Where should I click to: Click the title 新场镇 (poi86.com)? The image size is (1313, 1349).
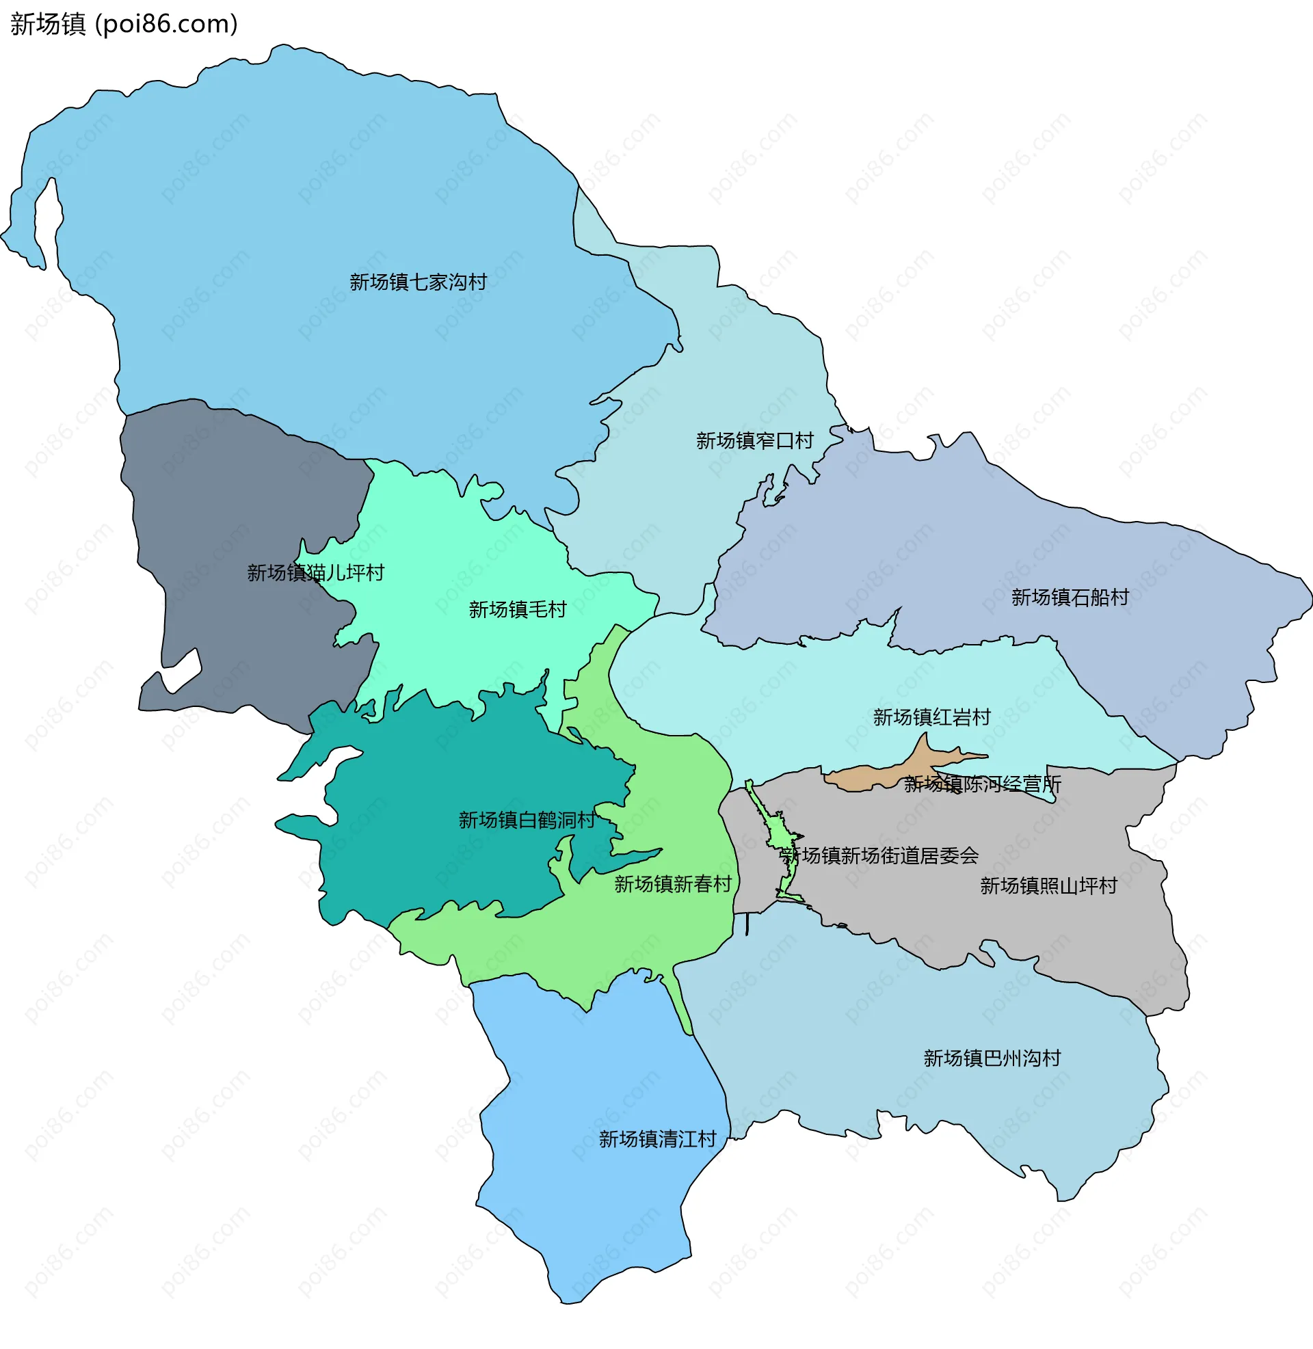[x=124, y=24]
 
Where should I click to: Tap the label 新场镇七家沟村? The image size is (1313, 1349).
[x=418, y=282]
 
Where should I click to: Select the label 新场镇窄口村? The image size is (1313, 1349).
[x=754, y=440]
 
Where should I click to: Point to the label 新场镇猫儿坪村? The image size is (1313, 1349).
[x=315, y=573]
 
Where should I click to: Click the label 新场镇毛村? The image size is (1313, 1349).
[x=517, y=609]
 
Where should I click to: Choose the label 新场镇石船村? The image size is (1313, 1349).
[x=1070, y=598]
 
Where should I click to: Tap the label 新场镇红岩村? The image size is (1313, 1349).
[x=931, y=718]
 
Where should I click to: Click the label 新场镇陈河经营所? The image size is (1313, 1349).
[x=982, y=784]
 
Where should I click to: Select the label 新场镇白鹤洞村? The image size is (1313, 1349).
[x=527, y=820]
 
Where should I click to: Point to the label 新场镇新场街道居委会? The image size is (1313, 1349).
[x=879, y=856]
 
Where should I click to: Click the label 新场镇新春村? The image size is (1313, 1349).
[x=672, y=884]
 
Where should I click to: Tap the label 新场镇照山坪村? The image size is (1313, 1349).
[x=1048, y=887]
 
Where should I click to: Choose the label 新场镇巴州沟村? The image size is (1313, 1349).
[x=992, y=1059]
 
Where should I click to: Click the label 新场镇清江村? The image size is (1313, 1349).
[x=657, y=1140]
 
